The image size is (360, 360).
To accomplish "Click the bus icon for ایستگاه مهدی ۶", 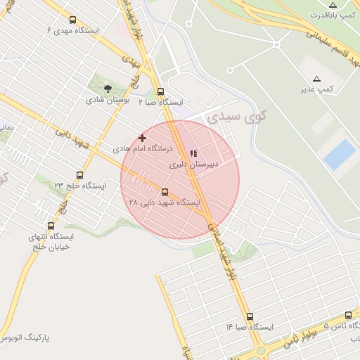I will tap(74, 20).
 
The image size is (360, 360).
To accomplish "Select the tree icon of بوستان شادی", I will tap(108, 89).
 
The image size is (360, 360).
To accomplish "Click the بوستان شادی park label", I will tap(105, 100).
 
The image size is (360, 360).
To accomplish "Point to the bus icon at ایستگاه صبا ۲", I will tap(161, 91).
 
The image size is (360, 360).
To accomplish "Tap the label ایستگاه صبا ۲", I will tap(160, 102).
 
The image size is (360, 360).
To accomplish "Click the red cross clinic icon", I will tap(143, 139).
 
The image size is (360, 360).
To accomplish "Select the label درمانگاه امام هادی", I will tap(142, 149).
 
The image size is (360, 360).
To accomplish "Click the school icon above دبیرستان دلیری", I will tap(193, 153).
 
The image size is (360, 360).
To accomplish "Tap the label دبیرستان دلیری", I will tap(193, 165).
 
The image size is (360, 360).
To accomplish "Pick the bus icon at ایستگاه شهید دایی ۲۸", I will tap(165, 192).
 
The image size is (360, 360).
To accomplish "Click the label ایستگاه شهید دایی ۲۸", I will tap(165, 202).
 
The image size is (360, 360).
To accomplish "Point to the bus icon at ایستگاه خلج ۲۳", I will tap(79, 176).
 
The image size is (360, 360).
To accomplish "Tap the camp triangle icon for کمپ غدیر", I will tap(316, 79).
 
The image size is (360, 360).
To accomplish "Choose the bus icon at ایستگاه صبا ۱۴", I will tap(250, 317).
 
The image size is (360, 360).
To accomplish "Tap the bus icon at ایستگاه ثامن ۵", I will tap(349, 316).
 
